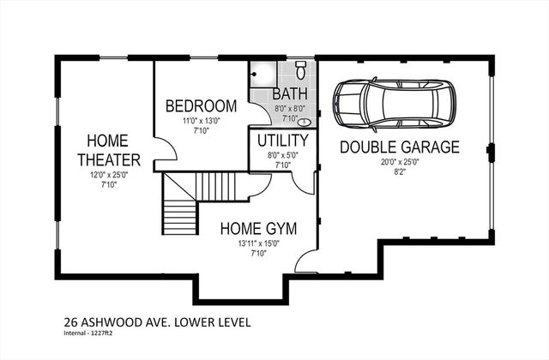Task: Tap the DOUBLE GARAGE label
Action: click(x=399, y=147)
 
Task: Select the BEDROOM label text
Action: click(x=201, y=105)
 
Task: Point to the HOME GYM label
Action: click(x=258, y=229)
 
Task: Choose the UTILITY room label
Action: click(x=282, y=140)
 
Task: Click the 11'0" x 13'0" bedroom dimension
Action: click(x=201, y=121)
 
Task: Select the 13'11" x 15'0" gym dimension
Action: click(x=258, y=243)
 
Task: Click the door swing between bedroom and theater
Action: click(x=167, y=150)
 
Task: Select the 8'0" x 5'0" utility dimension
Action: click(x=282, y=155)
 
